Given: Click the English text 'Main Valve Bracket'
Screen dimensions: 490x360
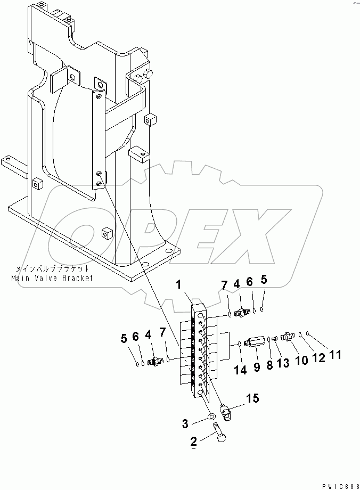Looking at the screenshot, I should coord(52,277).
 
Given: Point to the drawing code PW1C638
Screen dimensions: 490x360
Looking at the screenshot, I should coord(339,485).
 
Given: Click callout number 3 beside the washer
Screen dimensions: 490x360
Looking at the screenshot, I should coord(186,424).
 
